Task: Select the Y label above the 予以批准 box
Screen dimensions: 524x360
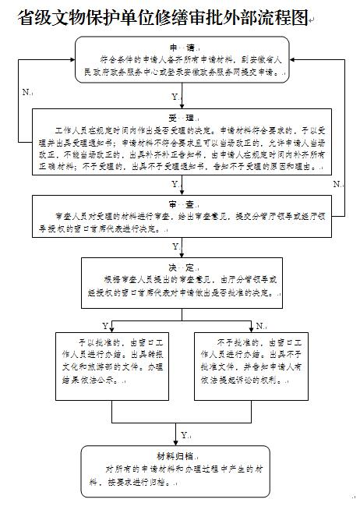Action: click(x=105, y=324)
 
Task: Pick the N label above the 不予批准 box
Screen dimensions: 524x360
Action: click(x=259, y=324)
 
